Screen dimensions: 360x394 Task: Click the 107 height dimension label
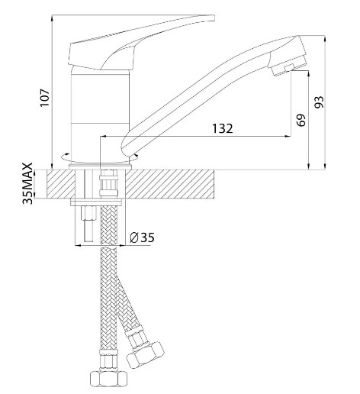[45, 98]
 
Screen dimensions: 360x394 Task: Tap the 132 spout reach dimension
[223, 128]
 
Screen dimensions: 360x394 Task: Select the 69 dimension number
[301, 120]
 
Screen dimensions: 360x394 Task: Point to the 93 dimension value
[319, 102]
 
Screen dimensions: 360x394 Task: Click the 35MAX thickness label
[28, 183]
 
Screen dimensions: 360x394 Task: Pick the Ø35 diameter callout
[142, 237]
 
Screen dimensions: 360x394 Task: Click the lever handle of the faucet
[141, 43]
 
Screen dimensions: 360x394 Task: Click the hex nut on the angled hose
[146, 354]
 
